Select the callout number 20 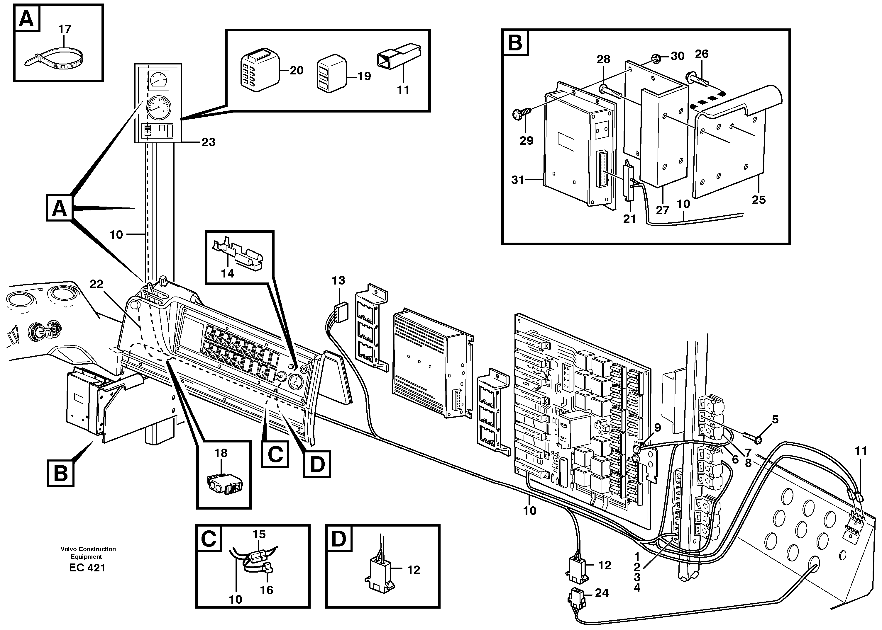tap(297, 70)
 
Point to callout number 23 tap(209, 142)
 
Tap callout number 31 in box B tap(517, 180)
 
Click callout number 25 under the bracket tap(759, 200)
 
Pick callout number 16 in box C tap(267, 590)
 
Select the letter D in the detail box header tap(339, 539)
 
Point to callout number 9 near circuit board tap(657, 428)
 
